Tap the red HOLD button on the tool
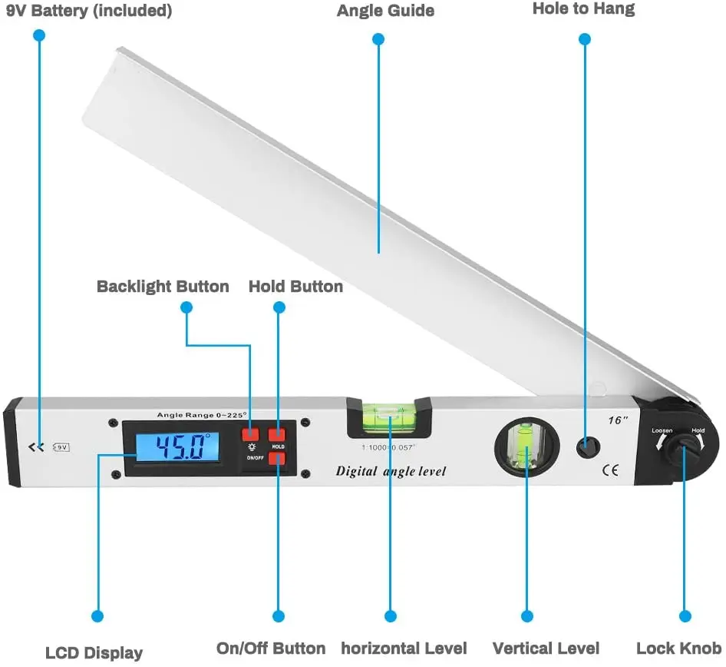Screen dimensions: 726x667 [277, 435]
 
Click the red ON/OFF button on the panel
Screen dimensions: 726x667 [277, 459]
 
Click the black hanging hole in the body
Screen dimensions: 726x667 [586, 446]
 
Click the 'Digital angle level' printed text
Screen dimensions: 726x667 [391, 471]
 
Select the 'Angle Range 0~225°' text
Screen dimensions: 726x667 [202, 415]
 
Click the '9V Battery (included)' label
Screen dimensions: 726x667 [89, 12]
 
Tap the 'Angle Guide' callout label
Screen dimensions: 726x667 [385, 11]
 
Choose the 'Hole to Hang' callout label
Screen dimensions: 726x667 [583, 9]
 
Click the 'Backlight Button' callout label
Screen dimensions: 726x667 [163, 287]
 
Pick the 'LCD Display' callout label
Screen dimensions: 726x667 [94, 653]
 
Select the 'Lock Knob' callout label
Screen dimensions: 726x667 [678, 648]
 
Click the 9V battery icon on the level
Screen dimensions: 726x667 [61, 446]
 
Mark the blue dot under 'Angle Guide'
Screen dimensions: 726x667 [378, 38]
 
